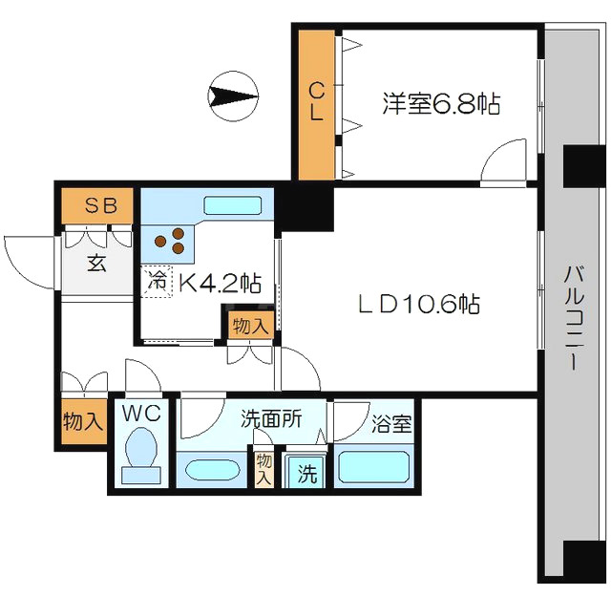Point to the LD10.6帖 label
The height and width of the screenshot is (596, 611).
point(418,305)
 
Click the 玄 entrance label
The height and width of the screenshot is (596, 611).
point(97,264)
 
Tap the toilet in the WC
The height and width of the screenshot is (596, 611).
point(140,453)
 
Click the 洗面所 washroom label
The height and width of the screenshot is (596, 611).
point(270,417)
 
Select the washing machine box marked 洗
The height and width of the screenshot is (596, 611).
point(305,471)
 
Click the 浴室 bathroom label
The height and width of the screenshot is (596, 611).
point(392,423)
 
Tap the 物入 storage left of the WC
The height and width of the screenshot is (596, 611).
point(82,421)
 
